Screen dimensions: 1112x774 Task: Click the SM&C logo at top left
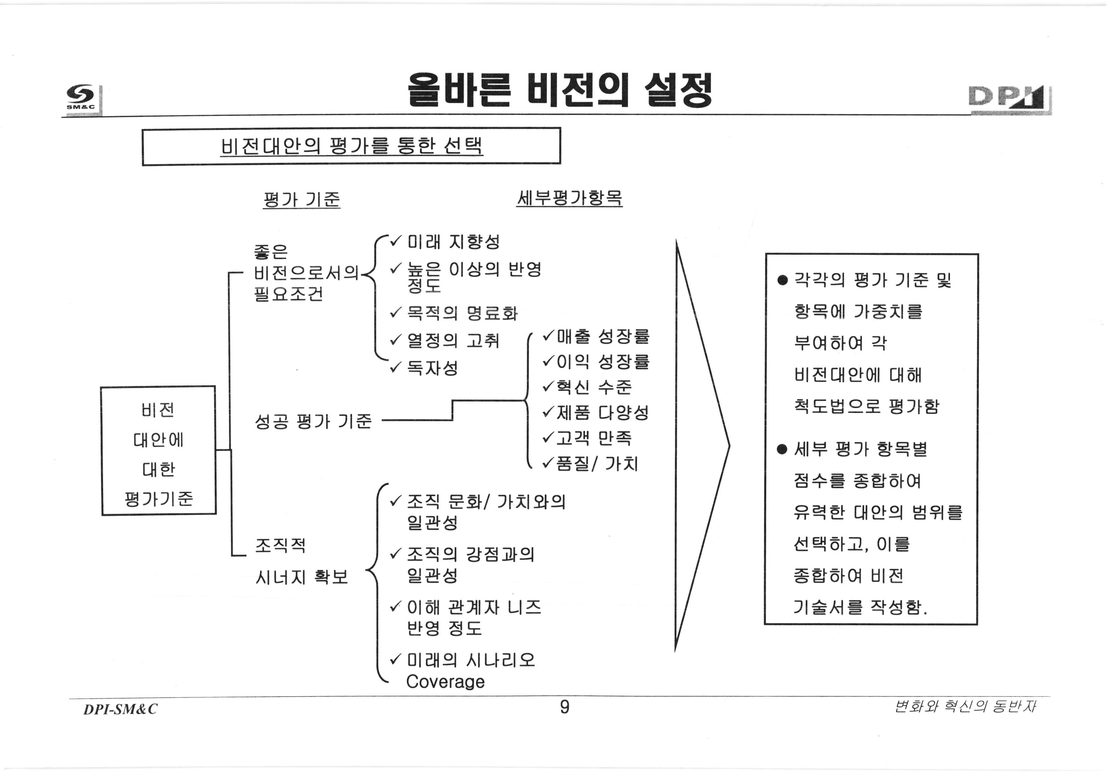tap(81, 98)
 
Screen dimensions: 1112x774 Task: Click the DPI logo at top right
tap(1009, 99)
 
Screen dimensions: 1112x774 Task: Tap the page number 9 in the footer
tap(564, 707)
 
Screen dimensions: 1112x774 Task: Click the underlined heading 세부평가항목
tap(569, 198)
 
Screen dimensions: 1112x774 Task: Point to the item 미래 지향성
tap(453, 241)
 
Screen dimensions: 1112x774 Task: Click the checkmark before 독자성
tap(396, 368)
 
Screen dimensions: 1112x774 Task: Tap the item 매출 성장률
tap(603, 336)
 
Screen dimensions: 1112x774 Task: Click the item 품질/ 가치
tap(597, 464)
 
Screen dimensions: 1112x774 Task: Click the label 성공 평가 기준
tap(313, 421)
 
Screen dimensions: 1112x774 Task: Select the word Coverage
tap(445, 681)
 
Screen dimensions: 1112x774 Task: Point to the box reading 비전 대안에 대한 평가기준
tap(158, 450)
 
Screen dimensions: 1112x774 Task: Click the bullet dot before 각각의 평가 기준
tap(782, 280)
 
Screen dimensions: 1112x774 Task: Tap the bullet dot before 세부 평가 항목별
tap(782, 449)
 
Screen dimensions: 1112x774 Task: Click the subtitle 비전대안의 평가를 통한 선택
tap(352, 146)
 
